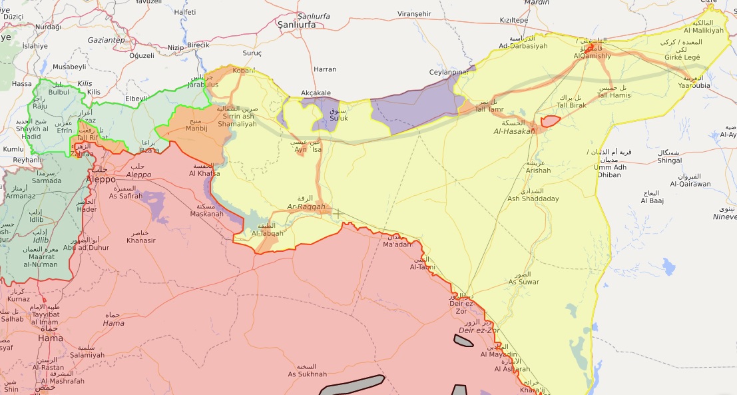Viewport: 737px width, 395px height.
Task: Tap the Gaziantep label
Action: [x=106, y=40]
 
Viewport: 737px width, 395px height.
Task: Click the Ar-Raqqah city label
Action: [x=306, y=207]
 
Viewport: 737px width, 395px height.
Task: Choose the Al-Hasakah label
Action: [x=515, y=132]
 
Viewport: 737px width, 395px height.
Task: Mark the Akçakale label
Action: [x=316, y=93]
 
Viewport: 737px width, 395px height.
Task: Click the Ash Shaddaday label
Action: [x=533, y=198]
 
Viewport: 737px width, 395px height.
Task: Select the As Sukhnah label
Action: [x=307, y=374]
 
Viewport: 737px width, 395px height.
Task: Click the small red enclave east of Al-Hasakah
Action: [x=550, y=121]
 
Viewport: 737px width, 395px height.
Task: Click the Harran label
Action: [x=325, y=69]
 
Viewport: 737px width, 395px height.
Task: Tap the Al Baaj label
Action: [x=653, y=200]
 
